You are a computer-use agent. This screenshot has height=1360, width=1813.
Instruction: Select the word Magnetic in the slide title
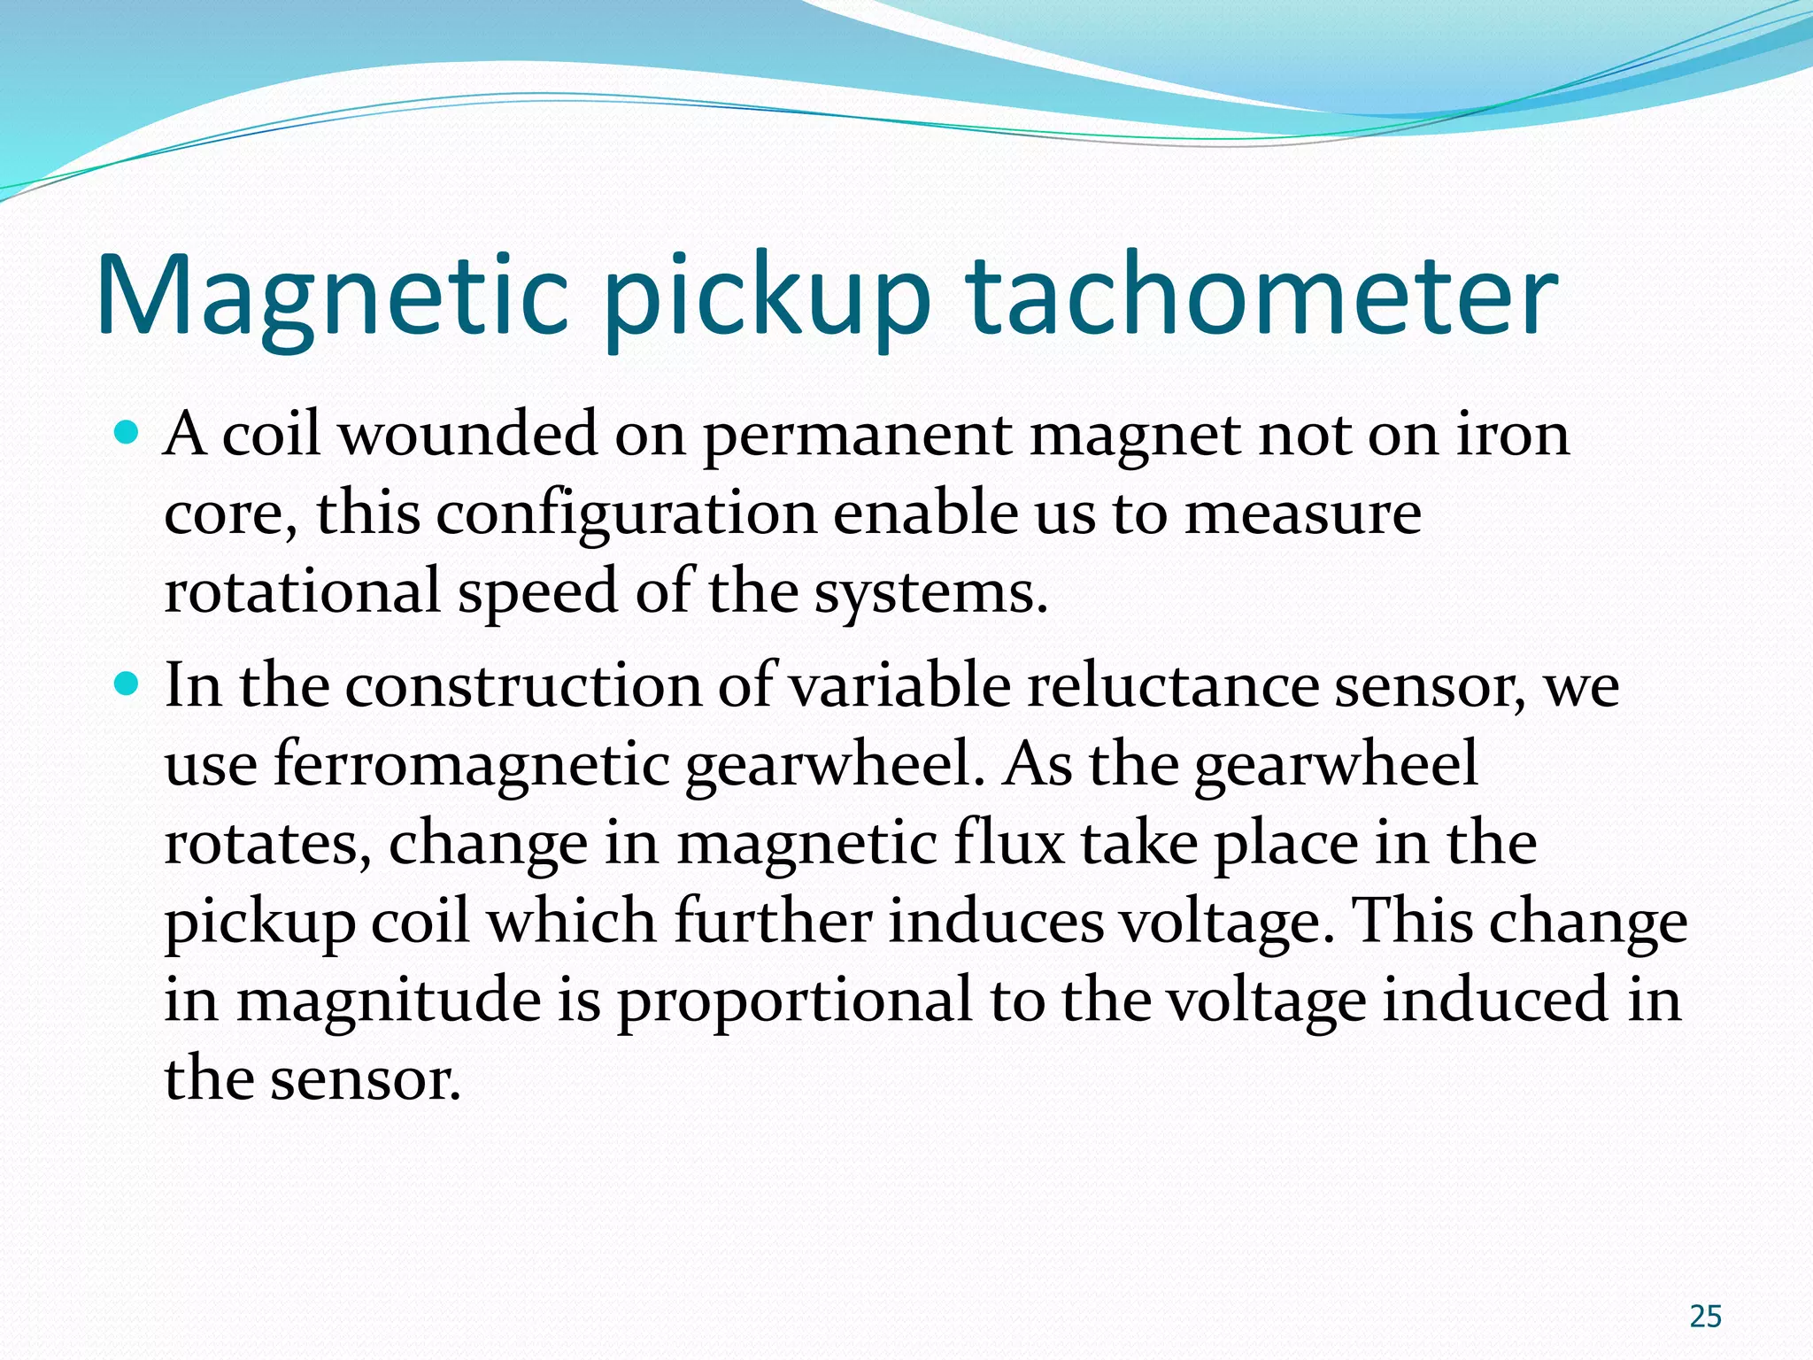pyautogui.click(x=332, y=297)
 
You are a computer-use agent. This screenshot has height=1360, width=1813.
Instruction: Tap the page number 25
pyautogui.click(x=1705, y=1317)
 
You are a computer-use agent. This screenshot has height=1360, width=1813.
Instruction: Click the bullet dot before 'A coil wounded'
pyautogui.click(x=127, y=433)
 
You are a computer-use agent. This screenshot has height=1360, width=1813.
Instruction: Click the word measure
pyautogui.click(x=1302, y=514)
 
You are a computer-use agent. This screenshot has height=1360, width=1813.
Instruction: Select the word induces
pyautogui.click(x=996, y=921)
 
